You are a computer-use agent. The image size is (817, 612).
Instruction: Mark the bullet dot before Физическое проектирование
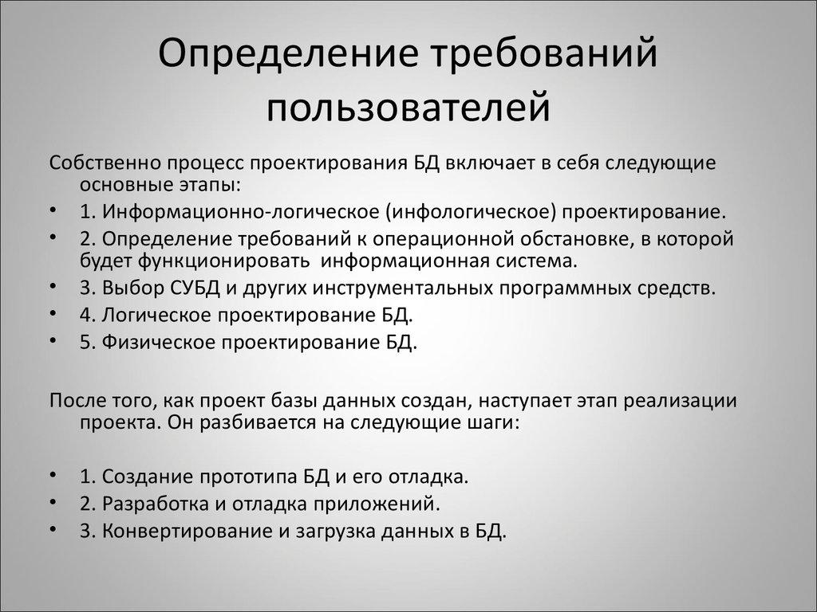53,341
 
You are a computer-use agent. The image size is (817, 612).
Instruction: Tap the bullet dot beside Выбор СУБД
53,285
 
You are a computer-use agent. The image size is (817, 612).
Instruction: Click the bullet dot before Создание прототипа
53,476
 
